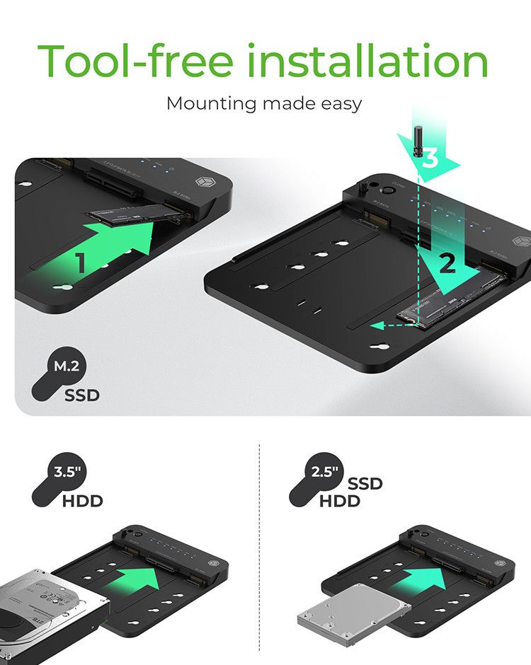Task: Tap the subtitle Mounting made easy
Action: [x=264, y=103]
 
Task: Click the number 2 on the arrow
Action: [x=447, y=264]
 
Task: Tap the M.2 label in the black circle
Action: [x=68, y=366]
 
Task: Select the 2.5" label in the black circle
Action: [x=325, y=473]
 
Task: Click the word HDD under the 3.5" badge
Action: [x=83, y=502]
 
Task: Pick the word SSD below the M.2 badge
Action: [x=82, y=395]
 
